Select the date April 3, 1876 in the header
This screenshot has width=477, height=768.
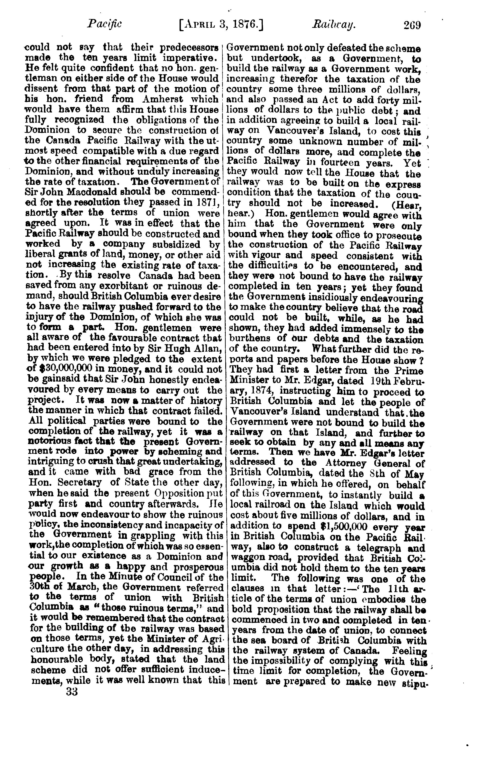221,24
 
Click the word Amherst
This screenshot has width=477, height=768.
163,99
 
